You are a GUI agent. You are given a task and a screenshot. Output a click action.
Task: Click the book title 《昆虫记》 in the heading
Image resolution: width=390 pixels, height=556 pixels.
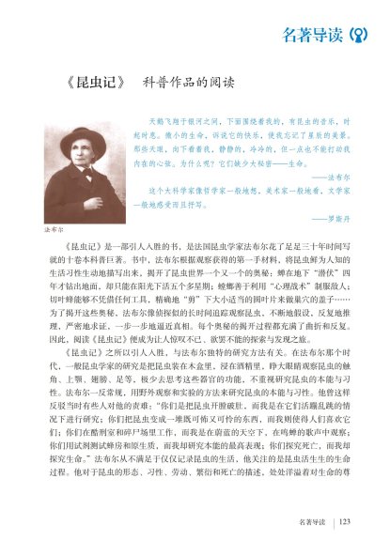94,81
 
